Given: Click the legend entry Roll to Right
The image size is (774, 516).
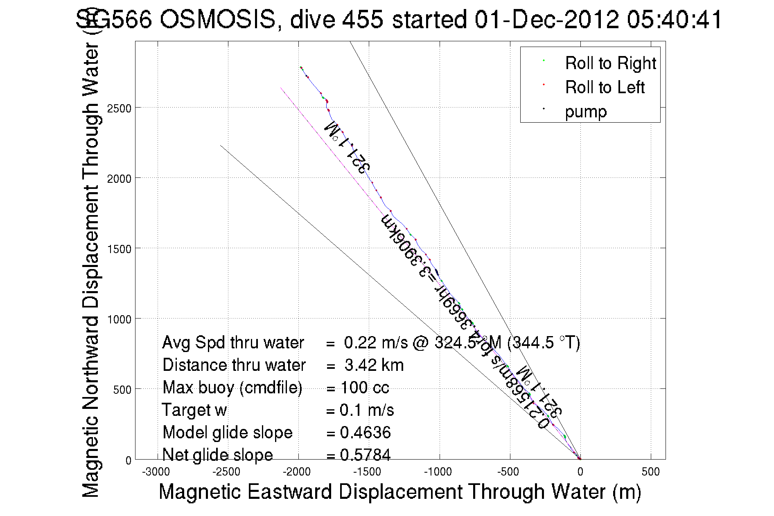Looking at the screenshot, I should pos(610,63).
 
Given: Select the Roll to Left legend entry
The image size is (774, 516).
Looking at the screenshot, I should pos(605,87).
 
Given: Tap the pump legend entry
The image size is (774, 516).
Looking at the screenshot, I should pos(586,112).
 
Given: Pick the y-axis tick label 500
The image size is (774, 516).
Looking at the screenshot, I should pos(122,390).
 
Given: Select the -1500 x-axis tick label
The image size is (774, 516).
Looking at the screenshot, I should pos(368,472).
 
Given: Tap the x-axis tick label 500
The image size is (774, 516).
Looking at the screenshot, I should pos(650,472).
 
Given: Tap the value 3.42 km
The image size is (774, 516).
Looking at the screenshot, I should pos(374,365).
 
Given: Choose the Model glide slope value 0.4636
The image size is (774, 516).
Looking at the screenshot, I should pos(365,433).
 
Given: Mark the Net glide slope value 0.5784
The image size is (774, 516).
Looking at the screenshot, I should pos(365,455).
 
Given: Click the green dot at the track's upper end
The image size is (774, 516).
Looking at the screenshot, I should pos(300,67).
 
